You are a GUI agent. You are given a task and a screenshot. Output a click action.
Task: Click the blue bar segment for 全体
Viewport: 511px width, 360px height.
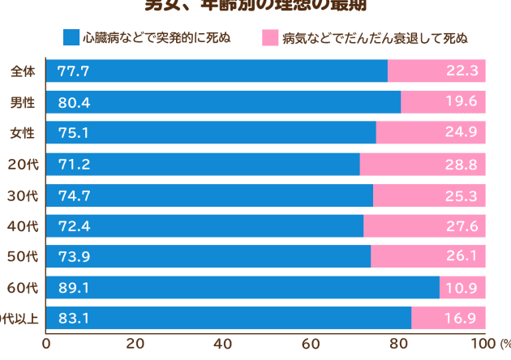point(217,71)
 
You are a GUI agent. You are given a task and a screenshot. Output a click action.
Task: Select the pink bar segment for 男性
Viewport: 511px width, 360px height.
point(443,102)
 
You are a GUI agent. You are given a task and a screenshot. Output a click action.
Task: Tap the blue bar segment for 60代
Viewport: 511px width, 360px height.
point(243,288)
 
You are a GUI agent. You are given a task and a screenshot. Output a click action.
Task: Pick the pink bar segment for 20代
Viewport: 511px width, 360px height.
point(423,165)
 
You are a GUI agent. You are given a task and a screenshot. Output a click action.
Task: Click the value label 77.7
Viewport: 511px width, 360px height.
point(73,71)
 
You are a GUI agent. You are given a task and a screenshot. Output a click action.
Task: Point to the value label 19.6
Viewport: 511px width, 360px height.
point(462,102)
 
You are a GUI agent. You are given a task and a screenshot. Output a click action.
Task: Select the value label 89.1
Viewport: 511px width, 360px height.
point(73,288)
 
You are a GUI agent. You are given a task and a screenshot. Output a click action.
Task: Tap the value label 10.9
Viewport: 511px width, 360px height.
point(462,288)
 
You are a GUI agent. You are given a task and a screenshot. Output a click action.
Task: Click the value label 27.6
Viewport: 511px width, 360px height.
point(462,226)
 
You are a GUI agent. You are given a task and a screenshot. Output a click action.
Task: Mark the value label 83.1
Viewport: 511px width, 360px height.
point(73,319)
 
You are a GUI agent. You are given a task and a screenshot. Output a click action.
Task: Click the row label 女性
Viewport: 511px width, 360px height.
point(22,133)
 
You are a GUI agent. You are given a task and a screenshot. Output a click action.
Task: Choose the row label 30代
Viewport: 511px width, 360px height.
point(22,195)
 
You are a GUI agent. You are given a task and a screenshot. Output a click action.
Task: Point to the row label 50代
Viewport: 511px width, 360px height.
point(22,257)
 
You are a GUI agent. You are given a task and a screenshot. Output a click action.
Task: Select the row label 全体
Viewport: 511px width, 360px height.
point(22,71)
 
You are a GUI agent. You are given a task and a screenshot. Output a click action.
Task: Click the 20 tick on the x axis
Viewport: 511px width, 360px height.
point(135,344)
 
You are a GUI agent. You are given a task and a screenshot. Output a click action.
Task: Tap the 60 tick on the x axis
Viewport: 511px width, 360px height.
point(310,344)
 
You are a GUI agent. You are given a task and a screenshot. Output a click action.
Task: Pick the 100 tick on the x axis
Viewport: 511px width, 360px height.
point(484,344)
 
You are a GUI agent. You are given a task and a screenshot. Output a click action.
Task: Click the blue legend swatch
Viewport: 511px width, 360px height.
point(71,37)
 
